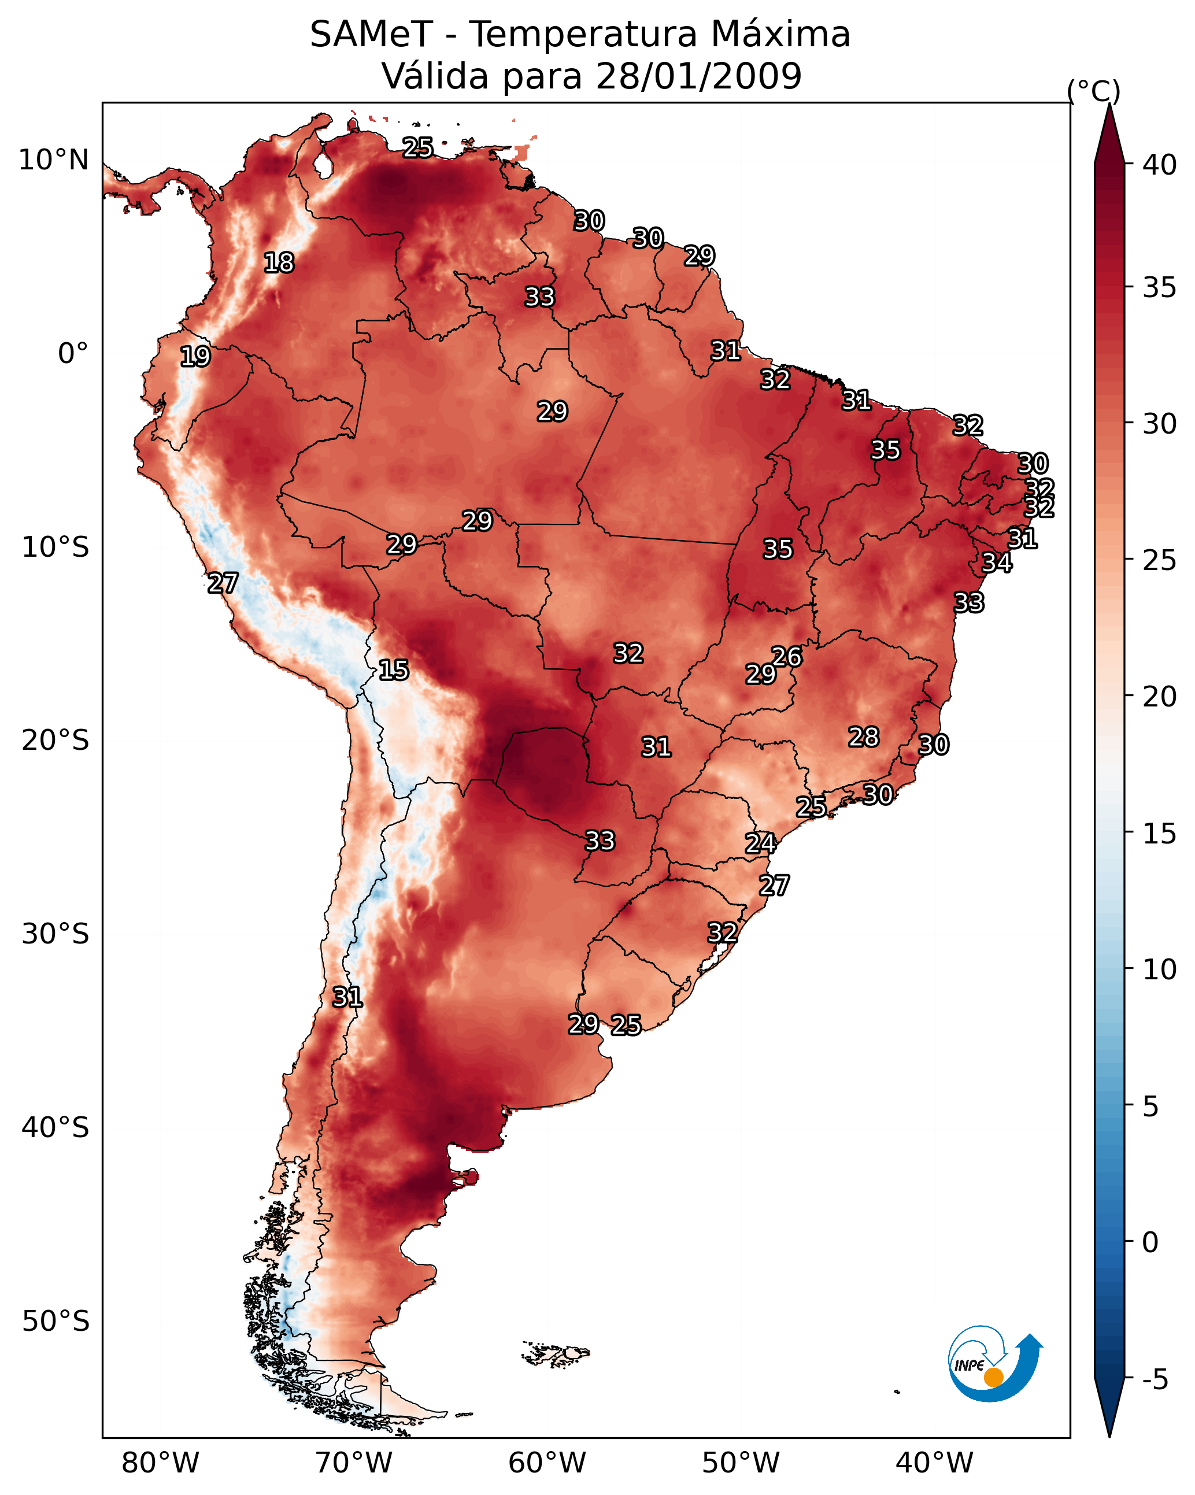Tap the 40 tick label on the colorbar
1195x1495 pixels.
click(1160, 165)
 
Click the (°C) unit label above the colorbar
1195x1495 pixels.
click(1093, 91)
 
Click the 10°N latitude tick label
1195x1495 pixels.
click(53, 160)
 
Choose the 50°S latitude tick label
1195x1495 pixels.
click(56, 1322)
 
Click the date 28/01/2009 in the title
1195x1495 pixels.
click(698, 76)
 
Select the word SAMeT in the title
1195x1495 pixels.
click(371, 35)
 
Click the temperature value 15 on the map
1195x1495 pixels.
click(394, 670)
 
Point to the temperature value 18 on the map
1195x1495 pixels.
click(279, 263)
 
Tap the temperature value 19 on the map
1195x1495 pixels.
click(195, 357)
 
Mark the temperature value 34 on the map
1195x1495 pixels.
click(997, 563)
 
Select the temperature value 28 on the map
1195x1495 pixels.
click(864, 737)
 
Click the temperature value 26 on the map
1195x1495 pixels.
click(786, 657)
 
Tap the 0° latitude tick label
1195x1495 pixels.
click(73, 354)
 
